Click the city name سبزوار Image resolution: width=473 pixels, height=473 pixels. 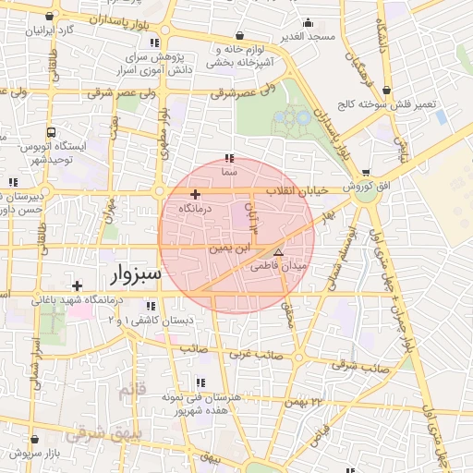pos(135,274)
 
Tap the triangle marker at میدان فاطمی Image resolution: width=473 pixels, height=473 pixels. pos(278,251)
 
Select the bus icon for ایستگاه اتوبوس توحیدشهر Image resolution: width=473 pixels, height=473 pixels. pos(52,132)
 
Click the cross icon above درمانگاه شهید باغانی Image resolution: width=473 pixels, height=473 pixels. pos(77,285)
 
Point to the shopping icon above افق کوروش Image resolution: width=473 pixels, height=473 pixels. pos(367,173)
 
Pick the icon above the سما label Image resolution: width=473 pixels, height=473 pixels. pos(229,158)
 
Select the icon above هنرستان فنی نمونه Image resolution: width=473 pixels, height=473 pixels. pos(200,382)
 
